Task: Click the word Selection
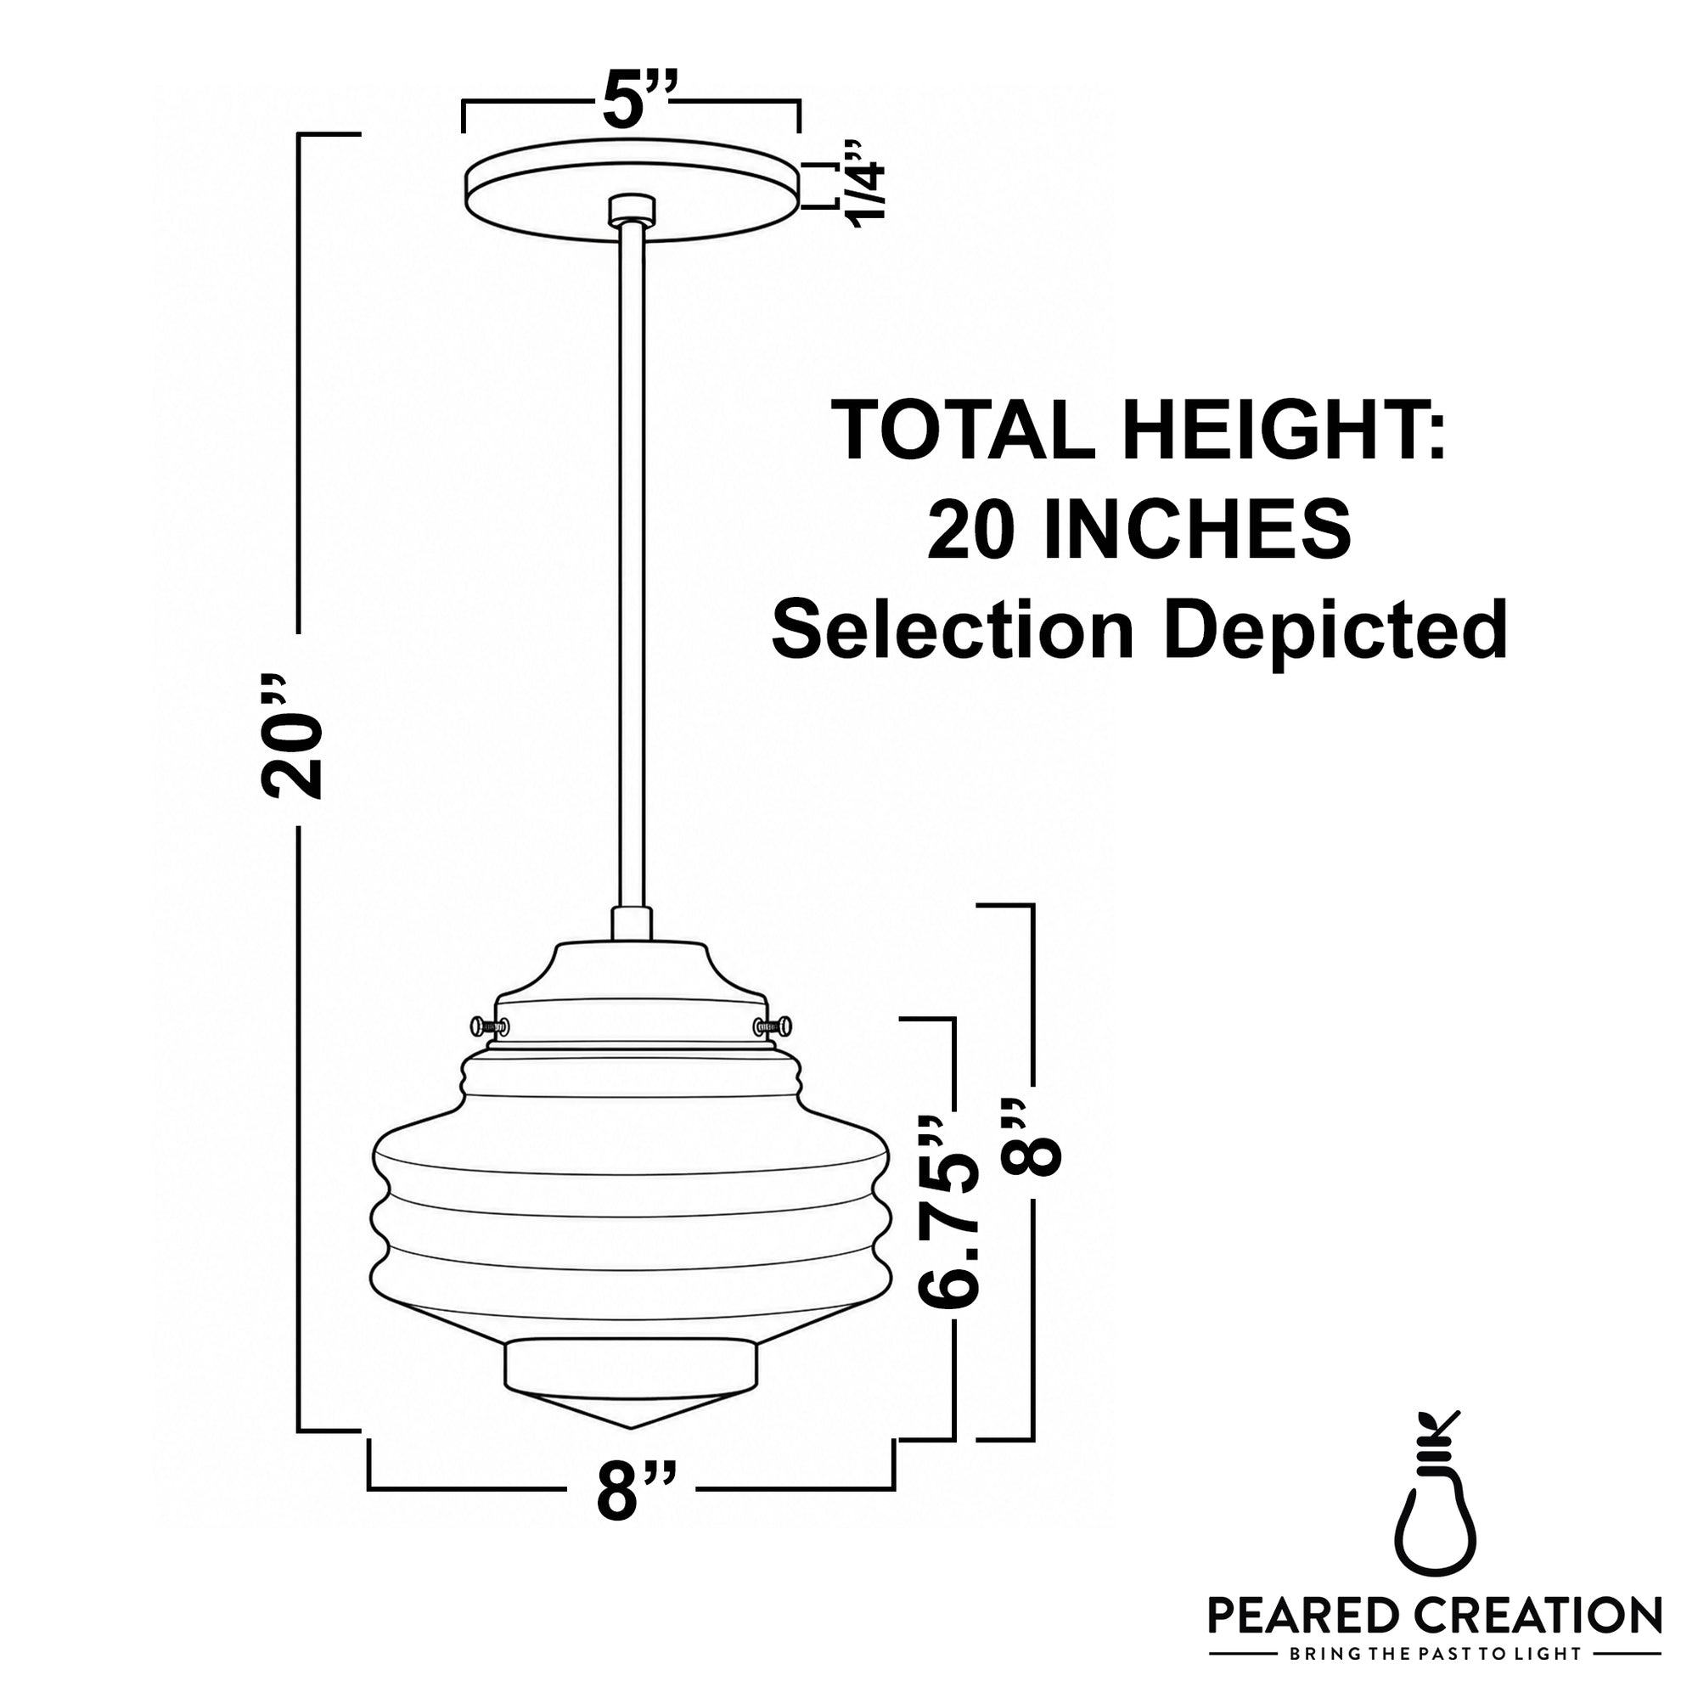(952, 629)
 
